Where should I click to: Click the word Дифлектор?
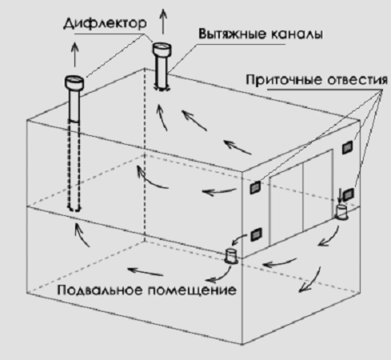coord(105,23)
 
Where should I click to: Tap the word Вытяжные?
coord(232,34)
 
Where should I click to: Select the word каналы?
coord(297,34)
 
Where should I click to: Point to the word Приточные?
coord(284,79)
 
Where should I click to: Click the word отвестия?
coord(357,80)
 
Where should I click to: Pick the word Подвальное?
coord(100,290)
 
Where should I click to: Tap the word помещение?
coord(192,290)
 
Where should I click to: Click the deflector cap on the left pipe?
coord(74,82)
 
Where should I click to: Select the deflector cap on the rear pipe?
coord(162,49)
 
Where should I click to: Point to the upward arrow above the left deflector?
coord(75,54)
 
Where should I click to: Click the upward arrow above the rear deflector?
coord(163,21)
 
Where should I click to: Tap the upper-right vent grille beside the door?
coord(347,147)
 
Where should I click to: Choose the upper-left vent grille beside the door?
coord(255,187)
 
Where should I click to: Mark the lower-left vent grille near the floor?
coord(256,234)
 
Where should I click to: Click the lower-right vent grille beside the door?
coord(348,194)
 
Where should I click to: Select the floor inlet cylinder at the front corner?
coord(231,256)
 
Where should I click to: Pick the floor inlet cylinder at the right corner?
coord(341,212)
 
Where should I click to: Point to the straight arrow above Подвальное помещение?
coord(146,272)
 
